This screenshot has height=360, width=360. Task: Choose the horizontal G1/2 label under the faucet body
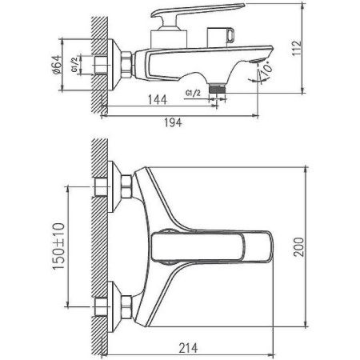click(193, 94)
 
